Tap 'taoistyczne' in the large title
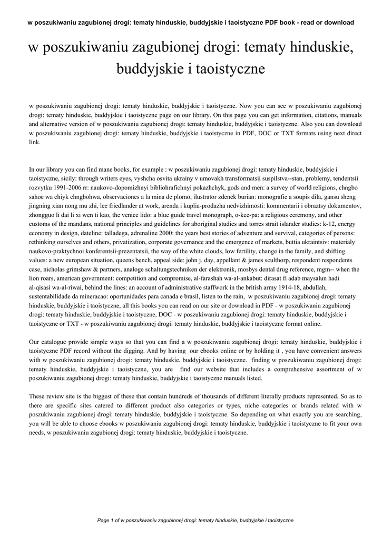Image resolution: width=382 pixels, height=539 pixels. click(x=234, y=68)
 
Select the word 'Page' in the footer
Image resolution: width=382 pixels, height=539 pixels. click(x=104, y=520)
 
